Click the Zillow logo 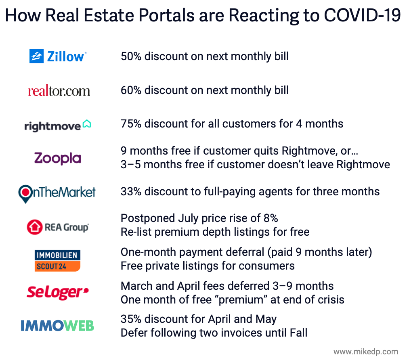click(58, 56)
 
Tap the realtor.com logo click(59, 90)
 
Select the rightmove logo click(58, 126)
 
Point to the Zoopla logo click(58, 158)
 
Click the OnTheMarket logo click(57, 193)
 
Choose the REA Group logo click(57, 227)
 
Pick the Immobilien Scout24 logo click(57, 260)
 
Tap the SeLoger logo click(58, 292)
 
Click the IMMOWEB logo click(57, 325)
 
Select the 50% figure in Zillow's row click(131, 56)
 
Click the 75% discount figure click(131, 123)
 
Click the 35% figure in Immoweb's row click(131, 319)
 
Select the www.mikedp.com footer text click(365, 352)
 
